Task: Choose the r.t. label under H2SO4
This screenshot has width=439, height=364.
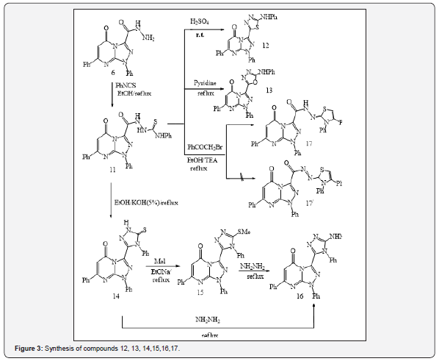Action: pyautogui.click(x=198, y=45)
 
